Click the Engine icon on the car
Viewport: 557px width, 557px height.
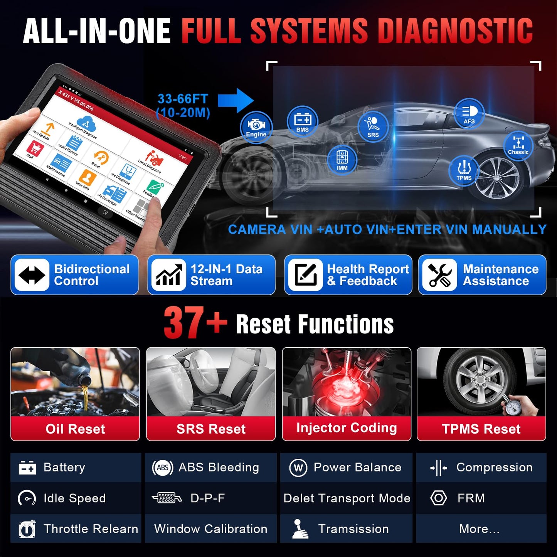(256, 127)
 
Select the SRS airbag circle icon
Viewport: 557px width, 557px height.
(373, 126)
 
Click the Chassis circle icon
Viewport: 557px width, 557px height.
(518, 145)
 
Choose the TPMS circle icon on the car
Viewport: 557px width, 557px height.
(464, 170)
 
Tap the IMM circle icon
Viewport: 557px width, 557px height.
(342, 160)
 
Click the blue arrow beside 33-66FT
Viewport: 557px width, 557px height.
(236, 101)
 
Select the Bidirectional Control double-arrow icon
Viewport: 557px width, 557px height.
(32, 275)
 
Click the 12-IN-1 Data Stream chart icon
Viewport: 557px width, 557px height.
(168, 275)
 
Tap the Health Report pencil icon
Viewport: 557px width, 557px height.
(305, 275)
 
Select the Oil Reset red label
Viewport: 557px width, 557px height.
(75, 429)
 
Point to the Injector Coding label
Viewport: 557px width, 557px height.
(347, 428)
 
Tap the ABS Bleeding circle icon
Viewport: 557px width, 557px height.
(163, 468)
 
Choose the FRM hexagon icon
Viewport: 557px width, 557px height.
(438, 498)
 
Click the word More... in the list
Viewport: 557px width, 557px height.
(479, 529)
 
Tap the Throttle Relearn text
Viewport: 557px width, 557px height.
(91, 529)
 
